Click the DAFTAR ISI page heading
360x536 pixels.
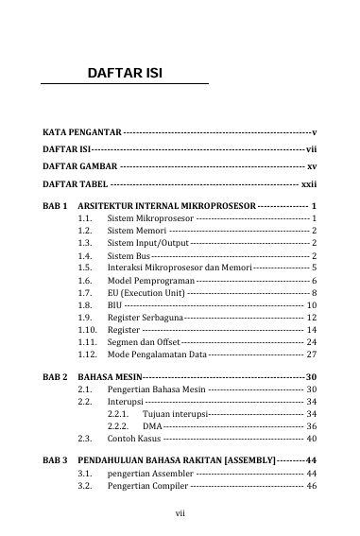[x=129, y=72]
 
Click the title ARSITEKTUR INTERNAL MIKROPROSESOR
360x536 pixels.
[x=166, y=205]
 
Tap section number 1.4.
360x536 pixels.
[x=85, y=256]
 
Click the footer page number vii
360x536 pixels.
[x=180, y=514]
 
